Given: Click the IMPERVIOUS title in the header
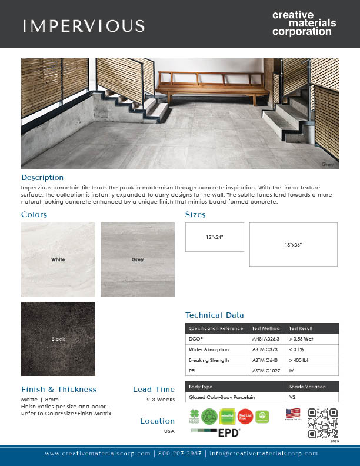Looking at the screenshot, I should click(x=84, y=26).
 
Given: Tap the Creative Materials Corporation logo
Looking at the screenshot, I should click(x=304, y=24).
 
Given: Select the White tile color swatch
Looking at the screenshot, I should click(x=58, y=259).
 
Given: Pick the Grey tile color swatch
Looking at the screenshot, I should click(x=138, y=259).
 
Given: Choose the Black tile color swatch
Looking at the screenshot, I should click(x=58, y=339).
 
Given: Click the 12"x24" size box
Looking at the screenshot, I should click(x=214, y=237).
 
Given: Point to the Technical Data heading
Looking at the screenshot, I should click(x=214, y=315).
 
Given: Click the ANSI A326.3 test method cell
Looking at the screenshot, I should click(x=265, y=339).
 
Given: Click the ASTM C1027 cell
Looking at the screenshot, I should click(x=265, y=371).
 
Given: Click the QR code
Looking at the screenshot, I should click(x=323, y=424).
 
